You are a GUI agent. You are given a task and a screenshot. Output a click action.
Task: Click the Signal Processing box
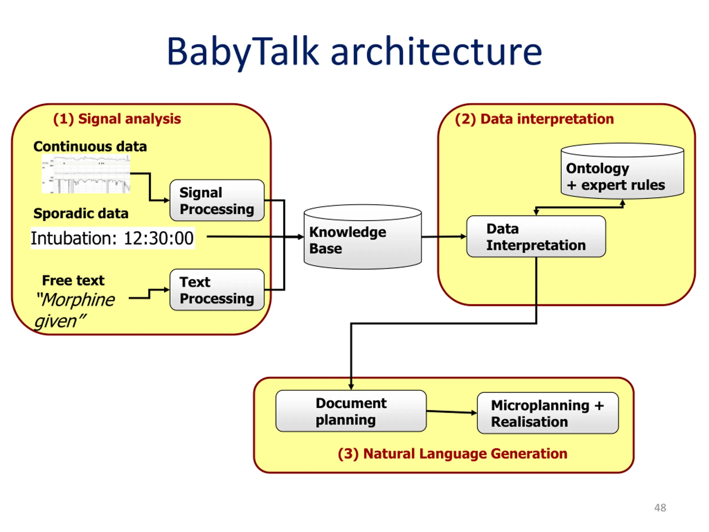[x=217, y=200]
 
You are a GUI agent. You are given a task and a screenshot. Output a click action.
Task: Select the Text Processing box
[x=217, y=290]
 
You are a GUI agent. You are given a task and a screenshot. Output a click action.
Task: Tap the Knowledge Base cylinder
[x=363, y=237]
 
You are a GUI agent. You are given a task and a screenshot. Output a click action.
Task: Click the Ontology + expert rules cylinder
[x=622, y=171]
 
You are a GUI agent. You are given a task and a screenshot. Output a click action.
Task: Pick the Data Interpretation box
[x=536, y=237]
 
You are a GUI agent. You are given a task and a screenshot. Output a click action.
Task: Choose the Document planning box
[x=351, y=411]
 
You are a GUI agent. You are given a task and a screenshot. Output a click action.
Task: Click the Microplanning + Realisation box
[x=548, y=413]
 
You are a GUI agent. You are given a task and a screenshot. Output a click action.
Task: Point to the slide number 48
[x=660, y=508]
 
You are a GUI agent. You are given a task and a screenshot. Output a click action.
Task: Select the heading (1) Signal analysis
[x=117, y=119]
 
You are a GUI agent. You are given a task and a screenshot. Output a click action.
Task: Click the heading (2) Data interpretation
[x=534, y=119]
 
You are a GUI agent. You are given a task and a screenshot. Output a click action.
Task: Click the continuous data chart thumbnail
[x=86, y=174]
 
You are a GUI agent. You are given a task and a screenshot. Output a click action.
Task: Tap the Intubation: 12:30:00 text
[x=112, y=238]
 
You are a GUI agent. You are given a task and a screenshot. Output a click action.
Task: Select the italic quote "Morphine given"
[x=75, y=310]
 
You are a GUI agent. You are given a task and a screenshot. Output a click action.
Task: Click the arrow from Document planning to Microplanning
[x=452, y=412]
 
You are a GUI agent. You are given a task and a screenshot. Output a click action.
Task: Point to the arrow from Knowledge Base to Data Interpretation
[x=444, y=237]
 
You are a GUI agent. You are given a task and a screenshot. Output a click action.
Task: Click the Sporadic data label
[x=81, y=214]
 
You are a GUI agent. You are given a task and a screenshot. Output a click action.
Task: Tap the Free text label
[x=73, y=281]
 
